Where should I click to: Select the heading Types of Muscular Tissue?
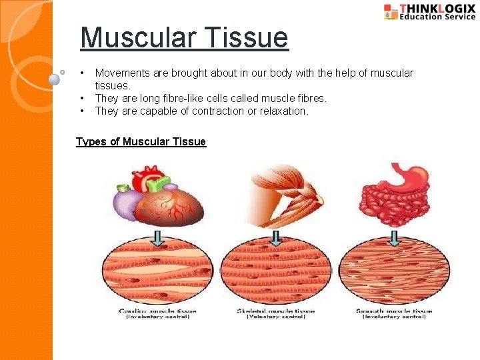[141, 141]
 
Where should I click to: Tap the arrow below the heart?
[158, 237]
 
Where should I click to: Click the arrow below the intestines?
[395, 237]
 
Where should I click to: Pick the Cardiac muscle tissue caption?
[154, 311]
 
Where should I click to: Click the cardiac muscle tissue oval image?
[157, 273]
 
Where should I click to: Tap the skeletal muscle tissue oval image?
[275, 273]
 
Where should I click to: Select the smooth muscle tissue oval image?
[394, 273]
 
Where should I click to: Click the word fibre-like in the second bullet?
[162, 98]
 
